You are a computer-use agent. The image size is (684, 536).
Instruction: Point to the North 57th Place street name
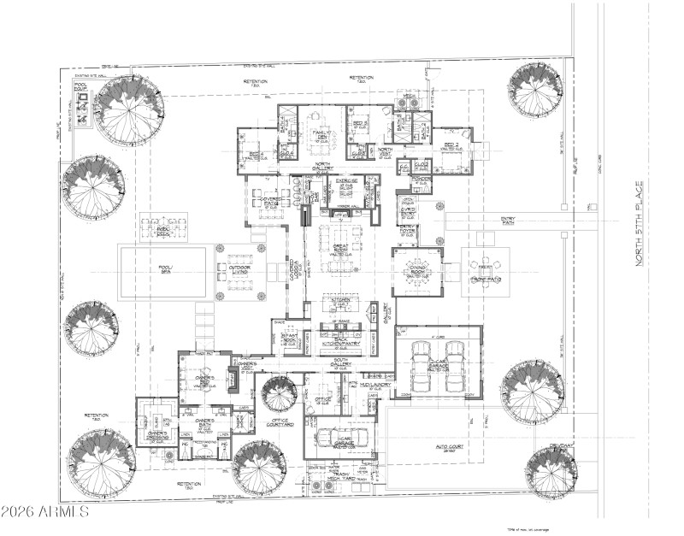point(637,230)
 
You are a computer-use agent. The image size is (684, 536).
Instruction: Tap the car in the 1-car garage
point(342,438)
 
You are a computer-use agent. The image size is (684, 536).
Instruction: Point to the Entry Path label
point(508,221)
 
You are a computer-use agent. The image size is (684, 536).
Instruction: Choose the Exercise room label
point(345,183)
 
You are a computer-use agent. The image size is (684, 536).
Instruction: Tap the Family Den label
point(321,136)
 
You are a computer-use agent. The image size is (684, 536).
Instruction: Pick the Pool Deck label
point(163,231)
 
